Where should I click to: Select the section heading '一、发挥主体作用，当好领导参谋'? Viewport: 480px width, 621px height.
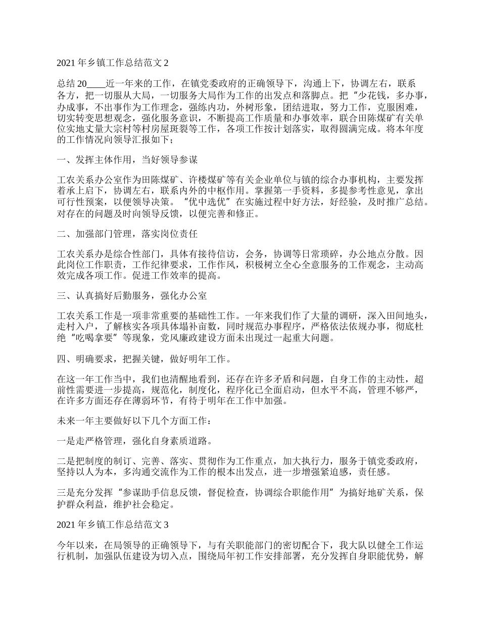(127, 160)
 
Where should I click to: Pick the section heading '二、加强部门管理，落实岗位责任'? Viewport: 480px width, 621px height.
(127, 234)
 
